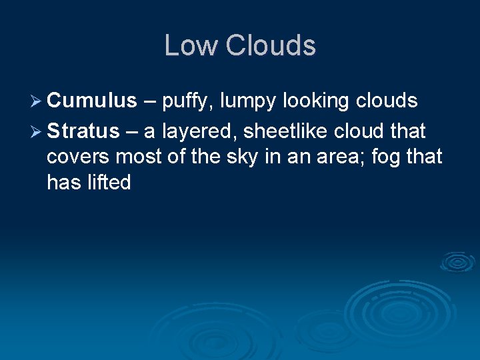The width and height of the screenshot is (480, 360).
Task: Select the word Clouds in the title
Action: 270,45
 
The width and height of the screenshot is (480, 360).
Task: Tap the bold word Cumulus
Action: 91,101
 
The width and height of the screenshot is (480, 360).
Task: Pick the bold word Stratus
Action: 88,131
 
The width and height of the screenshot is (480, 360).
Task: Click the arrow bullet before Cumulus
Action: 35,101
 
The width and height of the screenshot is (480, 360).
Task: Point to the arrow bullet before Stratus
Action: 35,131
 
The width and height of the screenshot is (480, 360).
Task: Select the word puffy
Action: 189,102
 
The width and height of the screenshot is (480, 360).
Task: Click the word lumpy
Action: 251,102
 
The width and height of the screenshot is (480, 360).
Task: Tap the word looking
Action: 315,102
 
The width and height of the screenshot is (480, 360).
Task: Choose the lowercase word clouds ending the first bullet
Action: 386,101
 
